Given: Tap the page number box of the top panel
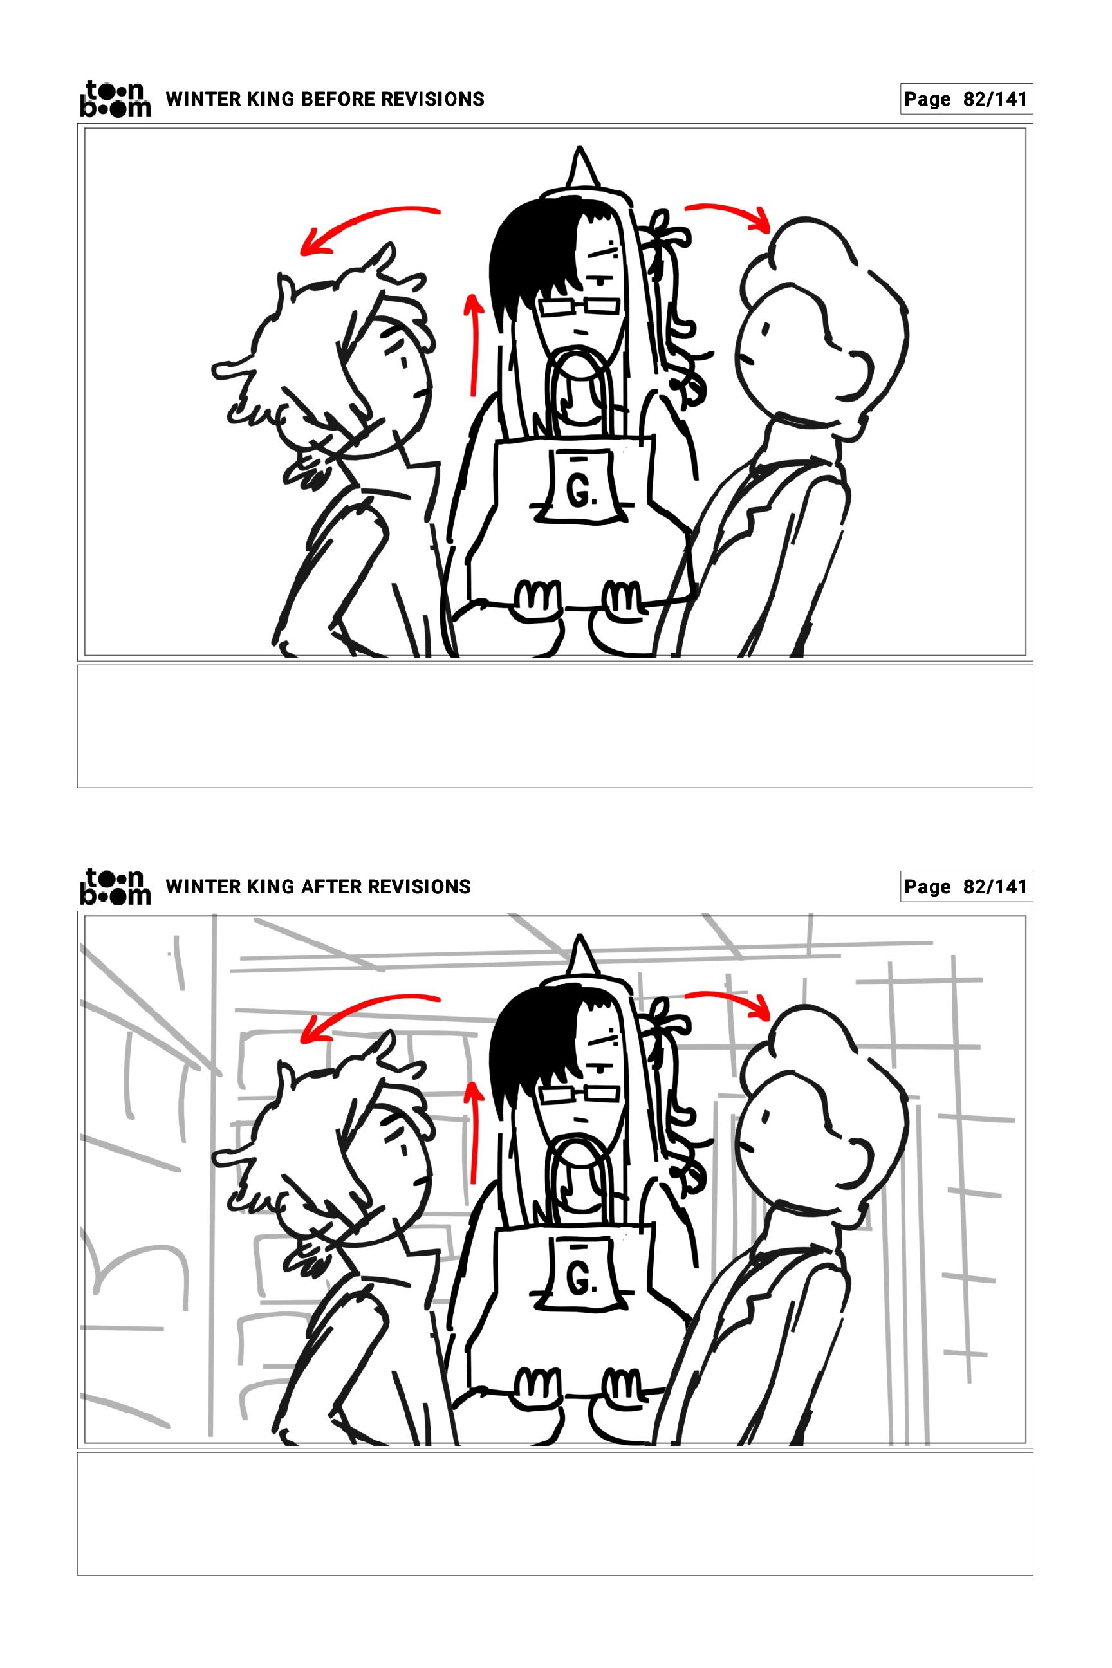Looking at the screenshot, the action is point(967,99).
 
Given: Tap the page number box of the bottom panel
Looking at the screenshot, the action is point(967,887).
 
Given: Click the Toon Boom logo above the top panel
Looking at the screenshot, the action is point(115,98).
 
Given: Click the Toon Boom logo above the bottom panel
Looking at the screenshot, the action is point(115,887).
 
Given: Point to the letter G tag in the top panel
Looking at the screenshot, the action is point(580,488).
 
